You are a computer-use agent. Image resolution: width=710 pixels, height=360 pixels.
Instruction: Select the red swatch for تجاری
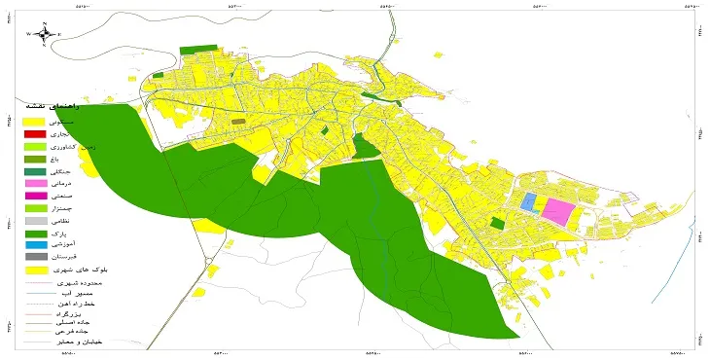click(x=34, y=133)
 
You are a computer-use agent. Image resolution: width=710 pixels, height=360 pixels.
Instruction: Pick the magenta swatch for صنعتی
click(x=34, y=196)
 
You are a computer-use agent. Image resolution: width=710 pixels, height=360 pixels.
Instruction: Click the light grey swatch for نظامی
click(x=34, y=221)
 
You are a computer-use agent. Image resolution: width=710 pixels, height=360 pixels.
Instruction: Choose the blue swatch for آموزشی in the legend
click(x=34, y=245)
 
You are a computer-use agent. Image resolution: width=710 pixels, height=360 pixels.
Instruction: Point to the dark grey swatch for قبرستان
click(x=34, y=257)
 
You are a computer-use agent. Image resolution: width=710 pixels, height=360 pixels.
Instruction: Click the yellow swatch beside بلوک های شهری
click(x=34, y=270)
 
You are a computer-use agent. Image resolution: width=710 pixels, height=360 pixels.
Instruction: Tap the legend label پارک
click(x=69, y=234)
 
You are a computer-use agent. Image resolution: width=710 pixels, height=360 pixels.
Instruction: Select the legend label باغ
click(x=72, y=159)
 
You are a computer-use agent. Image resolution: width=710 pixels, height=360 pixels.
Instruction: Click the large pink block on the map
click(x=557, y=211)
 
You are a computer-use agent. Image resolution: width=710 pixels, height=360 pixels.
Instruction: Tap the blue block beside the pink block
click(x=529, y=202)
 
